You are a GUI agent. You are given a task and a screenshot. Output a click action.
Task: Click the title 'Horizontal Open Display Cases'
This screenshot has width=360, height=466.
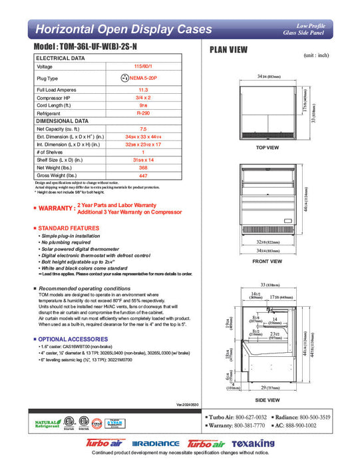pos(123,29)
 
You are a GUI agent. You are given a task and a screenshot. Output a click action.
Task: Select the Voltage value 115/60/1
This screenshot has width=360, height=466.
pos(142,67)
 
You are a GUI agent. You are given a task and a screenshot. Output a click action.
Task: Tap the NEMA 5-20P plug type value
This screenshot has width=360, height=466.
pos(142,78)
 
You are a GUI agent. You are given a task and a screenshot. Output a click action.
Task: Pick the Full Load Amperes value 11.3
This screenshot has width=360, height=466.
pos(142,89)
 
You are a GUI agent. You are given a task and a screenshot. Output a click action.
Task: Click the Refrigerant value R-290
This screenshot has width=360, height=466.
pos(142,114)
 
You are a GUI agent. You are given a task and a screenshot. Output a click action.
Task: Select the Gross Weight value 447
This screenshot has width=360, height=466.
pos(142,176)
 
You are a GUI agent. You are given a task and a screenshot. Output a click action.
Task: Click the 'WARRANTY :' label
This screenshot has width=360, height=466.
pos(56,208)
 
